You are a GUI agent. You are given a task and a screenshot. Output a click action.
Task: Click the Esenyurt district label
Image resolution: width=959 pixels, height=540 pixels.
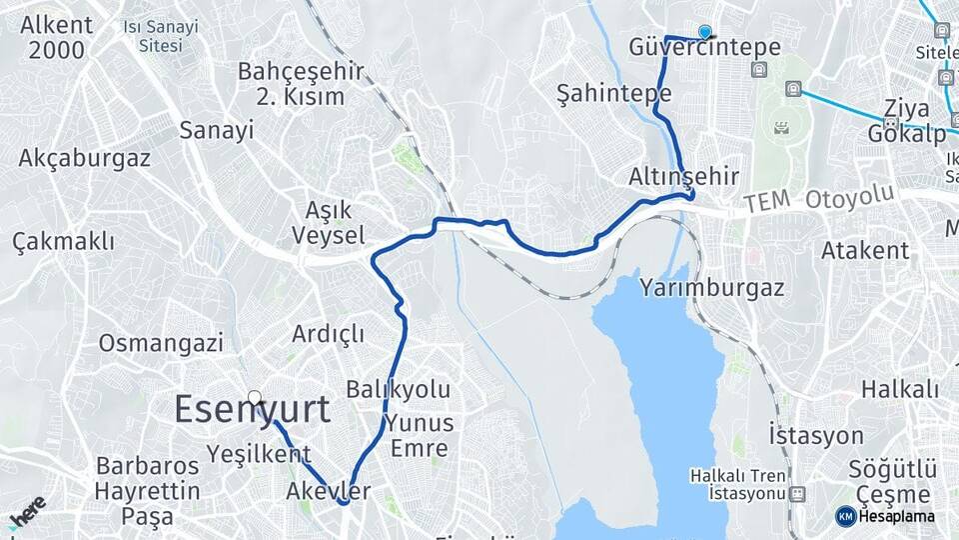[x=253, y=410]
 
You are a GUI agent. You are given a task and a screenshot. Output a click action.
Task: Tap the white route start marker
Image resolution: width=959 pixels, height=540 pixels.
[x=255, y=398]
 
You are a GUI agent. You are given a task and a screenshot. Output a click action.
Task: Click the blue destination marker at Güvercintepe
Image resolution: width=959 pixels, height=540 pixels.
[x=706, y=32]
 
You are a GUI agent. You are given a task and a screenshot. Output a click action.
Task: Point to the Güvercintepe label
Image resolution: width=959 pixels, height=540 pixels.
[x=704, y=48]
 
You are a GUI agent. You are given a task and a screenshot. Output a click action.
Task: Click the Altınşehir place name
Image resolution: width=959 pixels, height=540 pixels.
[x=683, y=177]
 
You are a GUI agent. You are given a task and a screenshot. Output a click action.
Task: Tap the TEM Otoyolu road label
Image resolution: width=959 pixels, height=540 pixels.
[x=819, y=201]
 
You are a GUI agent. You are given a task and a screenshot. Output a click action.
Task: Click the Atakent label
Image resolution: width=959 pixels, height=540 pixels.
[x=865, y=250]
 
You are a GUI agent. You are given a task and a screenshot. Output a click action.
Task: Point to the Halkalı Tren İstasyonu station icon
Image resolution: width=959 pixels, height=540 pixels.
[x=797, y=494]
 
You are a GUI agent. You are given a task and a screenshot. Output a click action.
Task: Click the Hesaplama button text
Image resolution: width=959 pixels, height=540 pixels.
[x=895, y=516]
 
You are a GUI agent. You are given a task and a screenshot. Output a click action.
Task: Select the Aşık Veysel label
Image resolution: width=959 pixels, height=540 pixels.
[x=327, y=222]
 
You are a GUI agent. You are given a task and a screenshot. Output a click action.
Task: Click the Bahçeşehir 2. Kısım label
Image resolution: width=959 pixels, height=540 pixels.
[x=301, y=84]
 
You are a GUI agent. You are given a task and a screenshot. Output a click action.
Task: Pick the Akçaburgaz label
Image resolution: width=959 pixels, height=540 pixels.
[x=85, y=158]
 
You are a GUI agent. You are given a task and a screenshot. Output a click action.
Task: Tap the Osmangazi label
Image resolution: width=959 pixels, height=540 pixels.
[x=160, y=344]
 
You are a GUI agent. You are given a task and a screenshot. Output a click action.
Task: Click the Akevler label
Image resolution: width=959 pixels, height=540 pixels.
[x=328, y=491]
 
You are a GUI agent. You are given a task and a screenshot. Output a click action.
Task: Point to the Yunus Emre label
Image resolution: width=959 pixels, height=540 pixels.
[x=420, y=435]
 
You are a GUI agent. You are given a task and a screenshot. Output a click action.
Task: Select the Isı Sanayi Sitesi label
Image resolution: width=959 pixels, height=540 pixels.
[x=161, y=36]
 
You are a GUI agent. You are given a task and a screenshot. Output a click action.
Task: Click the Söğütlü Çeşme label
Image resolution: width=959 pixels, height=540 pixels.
[x=892, y=481]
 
